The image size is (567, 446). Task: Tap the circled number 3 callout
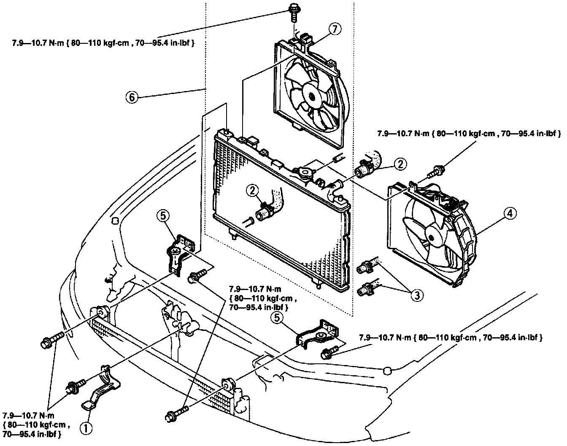(416, 295)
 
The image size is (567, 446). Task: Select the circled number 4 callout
(510, 214)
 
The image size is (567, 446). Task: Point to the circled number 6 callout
(131, 97)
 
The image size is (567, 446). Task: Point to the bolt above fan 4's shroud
(436, 171)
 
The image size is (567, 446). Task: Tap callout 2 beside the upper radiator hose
(400, 163)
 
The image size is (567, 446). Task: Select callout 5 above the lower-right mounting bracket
(277, 318)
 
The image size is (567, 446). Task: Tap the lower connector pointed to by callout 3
(365, 289)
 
